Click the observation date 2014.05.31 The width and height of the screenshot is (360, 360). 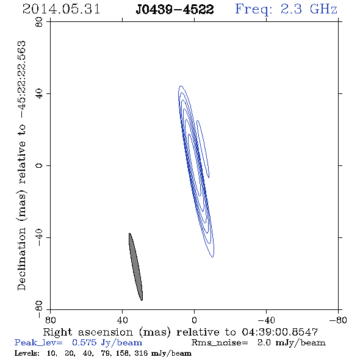click(61, 9)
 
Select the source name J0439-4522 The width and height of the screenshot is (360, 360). click(175, 10)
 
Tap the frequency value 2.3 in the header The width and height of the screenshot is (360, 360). click(291, 9)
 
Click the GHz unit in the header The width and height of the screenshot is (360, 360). click(323, 9)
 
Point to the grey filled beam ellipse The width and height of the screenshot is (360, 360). click(135, 267)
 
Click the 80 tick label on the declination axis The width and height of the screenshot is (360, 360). click(39, 22)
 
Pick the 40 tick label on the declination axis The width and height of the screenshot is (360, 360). click(39, 94)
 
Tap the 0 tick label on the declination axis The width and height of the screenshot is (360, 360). click(39, 165)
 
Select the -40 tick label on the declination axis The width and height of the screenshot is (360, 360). click(39, 237)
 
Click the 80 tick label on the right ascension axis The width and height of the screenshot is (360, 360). click(50, 320)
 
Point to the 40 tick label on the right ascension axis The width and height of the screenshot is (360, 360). click(123, 320)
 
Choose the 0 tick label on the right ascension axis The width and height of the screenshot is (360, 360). click(194, 320)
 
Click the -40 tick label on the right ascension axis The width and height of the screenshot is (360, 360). click(266, 320)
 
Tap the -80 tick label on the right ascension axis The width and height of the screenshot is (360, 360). click(338, 320)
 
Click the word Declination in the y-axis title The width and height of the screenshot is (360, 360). click(21, 259)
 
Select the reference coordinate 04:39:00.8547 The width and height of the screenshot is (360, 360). click(279, 332)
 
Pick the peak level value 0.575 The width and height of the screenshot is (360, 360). click(84, 342)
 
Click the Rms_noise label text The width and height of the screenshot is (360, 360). click(220, 343)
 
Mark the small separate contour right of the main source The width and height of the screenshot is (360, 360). click(203, 149)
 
